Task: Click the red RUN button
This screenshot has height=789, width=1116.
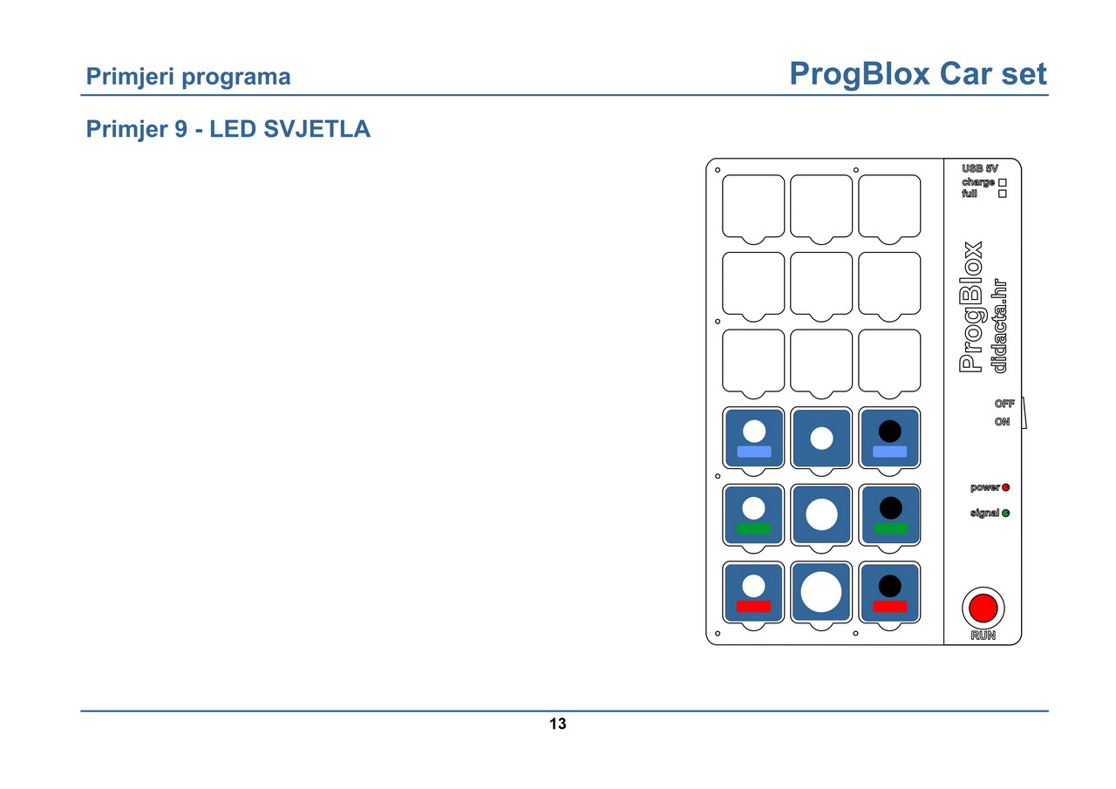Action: pos(983,609)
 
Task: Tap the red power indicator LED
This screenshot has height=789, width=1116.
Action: pos(1005,487)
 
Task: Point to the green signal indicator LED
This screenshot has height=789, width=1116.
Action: pos(1005,513)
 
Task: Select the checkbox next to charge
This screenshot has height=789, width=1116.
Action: pos(1003,183)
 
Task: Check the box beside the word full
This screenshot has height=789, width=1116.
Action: pos(1003,194)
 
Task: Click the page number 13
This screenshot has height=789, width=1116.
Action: pos(557,724)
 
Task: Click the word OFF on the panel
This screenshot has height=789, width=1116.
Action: pos(1004,404)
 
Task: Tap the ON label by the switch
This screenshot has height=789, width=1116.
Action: pos(1002,421)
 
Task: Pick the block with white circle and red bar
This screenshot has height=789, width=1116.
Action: pos(753,592)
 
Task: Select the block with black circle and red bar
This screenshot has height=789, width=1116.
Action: pos(889,592)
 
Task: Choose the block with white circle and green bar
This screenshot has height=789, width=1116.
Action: pos(753,515)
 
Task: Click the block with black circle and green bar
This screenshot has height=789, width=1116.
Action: pos(889,515)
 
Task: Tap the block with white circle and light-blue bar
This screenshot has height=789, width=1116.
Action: pos(753,438)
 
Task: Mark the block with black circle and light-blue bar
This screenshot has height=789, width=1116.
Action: pos(889,438)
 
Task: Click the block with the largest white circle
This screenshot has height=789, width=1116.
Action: pos(821,592)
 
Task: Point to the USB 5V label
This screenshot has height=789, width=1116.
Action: pos(979,168)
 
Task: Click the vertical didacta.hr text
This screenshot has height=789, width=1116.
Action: pos(999,325)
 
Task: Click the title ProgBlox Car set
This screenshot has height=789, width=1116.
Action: pos(918,74)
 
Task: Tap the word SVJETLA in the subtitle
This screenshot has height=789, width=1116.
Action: pos(316,129)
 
